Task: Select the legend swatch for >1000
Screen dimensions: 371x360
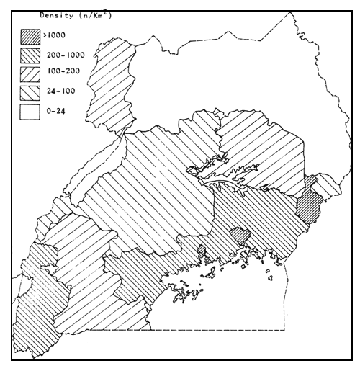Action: point(30,34)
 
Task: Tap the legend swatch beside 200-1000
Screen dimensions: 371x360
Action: point(30,53)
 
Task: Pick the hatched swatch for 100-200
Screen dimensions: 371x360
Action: point(30,73)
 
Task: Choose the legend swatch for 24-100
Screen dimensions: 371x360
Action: point(30,92)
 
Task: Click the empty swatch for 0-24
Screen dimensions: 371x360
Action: point(30,112)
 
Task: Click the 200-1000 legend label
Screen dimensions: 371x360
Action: point(63,53)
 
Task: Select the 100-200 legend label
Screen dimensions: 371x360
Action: point(60,73)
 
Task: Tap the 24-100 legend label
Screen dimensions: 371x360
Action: point(58,92)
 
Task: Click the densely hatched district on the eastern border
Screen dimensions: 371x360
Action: point(310,202)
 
